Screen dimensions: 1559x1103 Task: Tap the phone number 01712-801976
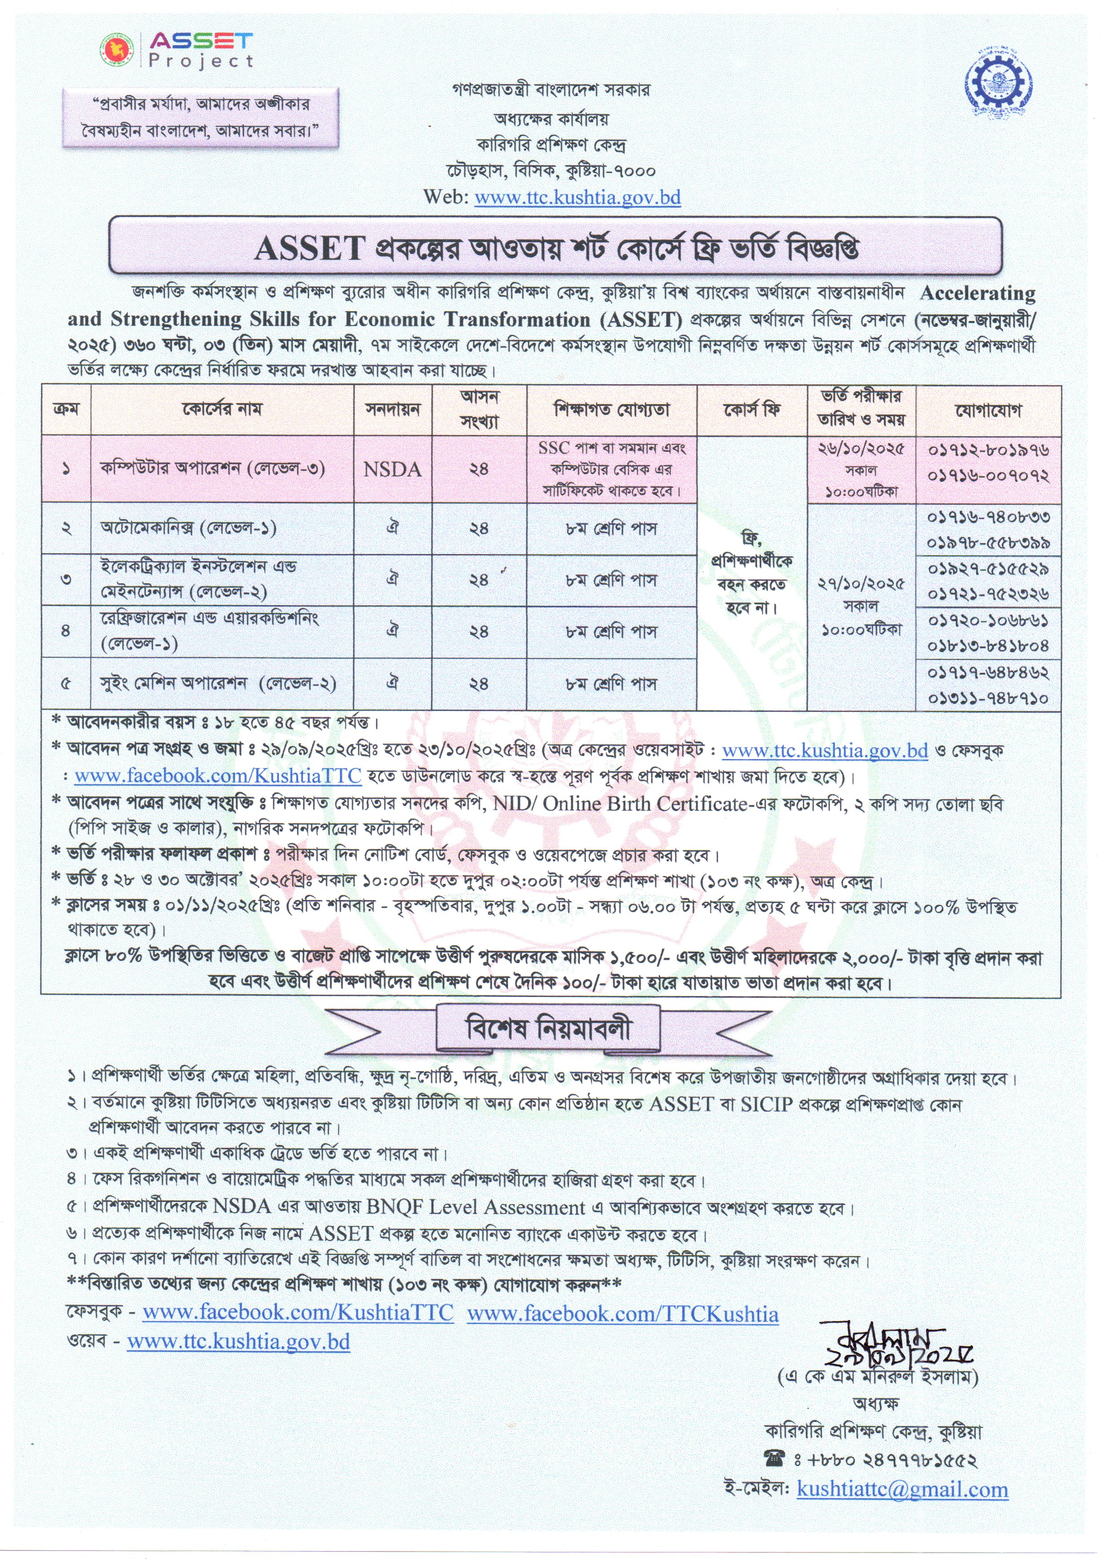(988, 450)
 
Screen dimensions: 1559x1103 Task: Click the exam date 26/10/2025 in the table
(861, 450)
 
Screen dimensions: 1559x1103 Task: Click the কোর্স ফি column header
(751, 410)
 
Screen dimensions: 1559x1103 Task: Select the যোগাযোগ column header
(988, 410)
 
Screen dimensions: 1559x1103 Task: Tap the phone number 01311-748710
(988, 698)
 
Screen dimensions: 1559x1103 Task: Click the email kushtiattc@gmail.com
(902, 1490)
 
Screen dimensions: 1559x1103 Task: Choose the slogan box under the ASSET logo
(201, 117)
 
